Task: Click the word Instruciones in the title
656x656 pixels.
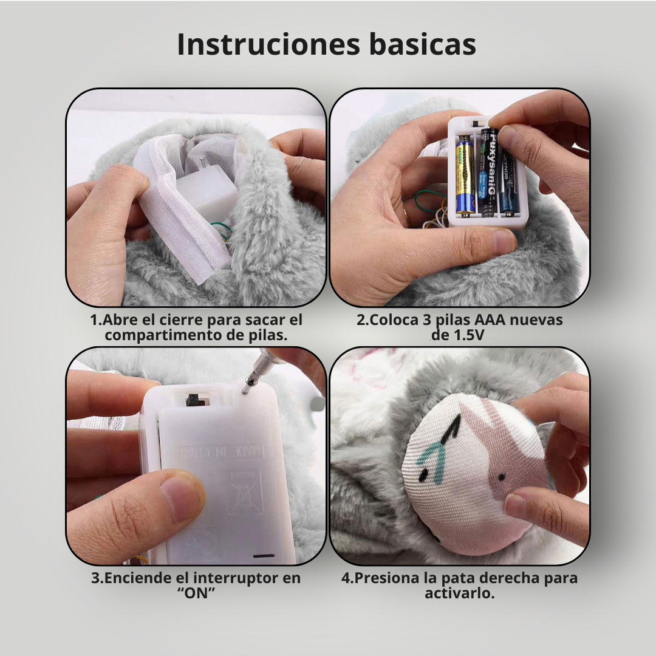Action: click(268, 44)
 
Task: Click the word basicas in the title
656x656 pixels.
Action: click(423, 44)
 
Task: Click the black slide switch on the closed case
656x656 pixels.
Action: click(193, 400)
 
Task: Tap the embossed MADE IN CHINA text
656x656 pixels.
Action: click(219, 451)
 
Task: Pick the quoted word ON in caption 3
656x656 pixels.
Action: click(196, 593)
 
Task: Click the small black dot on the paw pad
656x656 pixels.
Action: click(501, 477)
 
